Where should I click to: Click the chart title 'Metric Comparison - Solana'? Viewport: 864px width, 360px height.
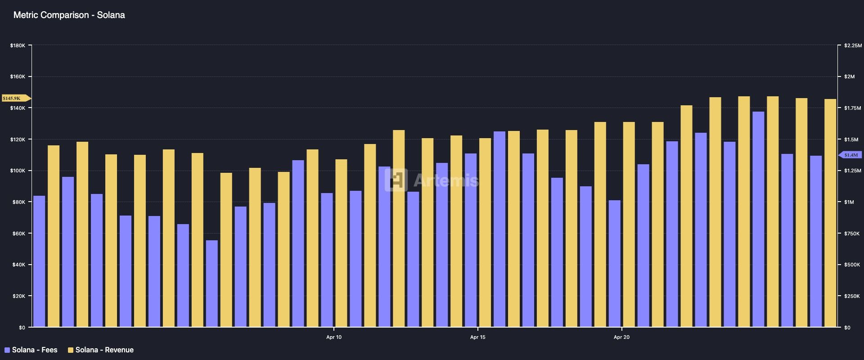pyautogui.click(x=69, y=15)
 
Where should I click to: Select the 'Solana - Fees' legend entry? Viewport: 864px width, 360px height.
pyautogui.click(x=31, y=350)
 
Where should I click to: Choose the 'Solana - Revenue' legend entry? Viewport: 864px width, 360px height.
pyautogui.click(x=101, y=350)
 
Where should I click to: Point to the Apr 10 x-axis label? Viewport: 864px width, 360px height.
pyautogui.click(x=333, y=337)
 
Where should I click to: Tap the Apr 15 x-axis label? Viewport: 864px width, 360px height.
pyautogui.click(x=477, y=337)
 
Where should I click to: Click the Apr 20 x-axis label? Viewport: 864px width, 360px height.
pyautogui.click(x=621, y=337)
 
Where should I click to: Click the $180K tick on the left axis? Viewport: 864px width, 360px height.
pyautogui.click(x=18, y=45)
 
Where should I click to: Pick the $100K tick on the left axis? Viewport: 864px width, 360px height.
pyautogui.click(x=18, y=171)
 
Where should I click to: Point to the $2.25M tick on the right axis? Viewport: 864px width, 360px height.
pyautogui.click(x=853, y=45)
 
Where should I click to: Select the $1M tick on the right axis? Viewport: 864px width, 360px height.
pyautogui.click(x=849, y=202)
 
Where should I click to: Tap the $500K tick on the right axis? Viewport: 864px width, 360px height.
pyautogui.click(x=851, y=265)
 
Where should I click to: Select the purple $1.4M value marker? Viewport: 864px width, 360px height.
pyautogui.click(x=850, y=155)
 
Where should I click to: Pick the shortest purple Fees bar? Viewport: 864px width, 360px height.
pyautogui.click(x=212, y=283)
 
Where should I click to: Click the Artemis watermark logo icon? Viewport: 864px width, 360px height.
pyautogui.click(x=396, y=180)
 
